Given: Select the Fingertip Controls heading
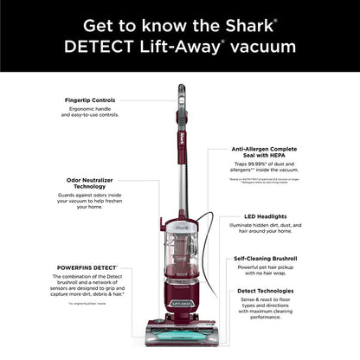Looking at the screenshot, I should click(x=90, y=100).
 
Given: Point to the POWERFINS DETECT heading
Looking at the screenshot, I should click(x=87, y=270).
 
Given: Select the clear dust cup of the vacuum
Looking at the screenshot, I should click(x=178, y=260).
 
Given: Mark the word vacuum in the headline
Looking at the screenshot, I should click(x=260, y=45).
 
